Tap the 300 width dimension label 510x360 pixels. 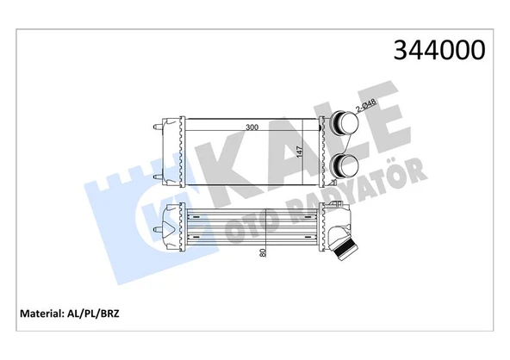pyautogui.click(x=252, y=127)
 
